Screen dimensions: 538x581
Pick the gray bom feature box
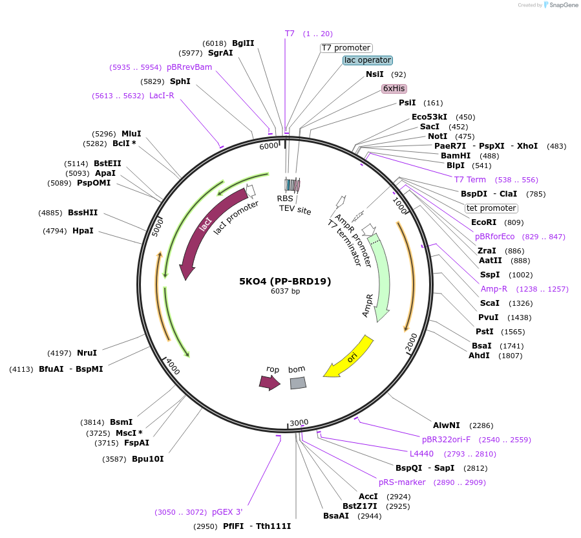(x=297, y=383)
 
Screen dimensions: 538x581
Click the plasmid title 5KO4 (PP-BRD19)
(x=285, y=281)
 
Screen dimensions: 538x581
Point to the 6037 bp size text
(x=285, y=292)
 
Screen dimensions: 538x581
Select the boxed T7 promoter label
(x=346, y=48)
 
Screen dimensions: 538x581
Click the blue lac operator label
(x=368, y=60)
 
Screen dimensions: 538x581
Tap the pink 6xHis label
(x=394, y=88)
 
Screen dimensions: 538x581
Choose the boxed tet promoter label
(x=491, y=208)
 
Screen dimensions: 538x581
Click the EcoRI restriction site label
(x=483, y=222)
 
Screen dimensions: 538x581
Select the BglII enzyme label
(x=243, y=43)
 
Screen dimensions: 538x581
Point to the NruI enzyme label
(x=87, y=353)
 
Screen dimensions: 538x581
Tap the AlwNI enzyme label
(x=447, y=425)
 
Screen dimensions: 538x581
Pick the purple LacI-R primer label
(x=162, y=96)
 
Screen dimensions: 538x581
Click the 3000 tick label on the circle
(x=299, y=423)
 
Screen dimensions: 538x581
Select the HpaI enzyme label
(x=83, y=231)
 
